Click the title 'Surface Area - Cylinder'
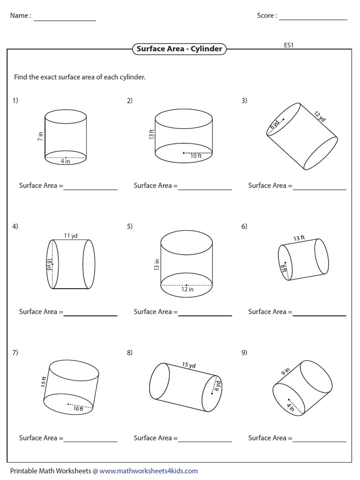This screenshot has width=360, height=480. [179, 49]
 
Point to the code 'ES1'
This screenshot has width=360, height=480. [288, 45]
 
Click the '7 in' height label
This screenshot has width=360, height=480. [40, 136]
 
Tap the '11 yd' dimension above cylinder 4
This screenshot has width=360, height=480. [71, 236]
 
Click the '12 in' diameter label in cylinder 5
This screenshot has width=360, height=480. [187, 289]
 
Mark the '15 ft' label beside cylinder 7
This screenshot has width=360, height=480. [44, 382]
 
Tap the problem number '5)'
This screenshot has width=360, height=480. [130, 226]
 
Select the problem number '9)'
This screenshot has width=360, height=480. [244, 352]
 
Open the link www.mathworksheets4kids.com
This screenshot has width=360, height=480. [149, 471]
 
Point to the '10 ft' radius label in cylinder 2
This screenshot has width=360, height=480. [196, 156]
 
